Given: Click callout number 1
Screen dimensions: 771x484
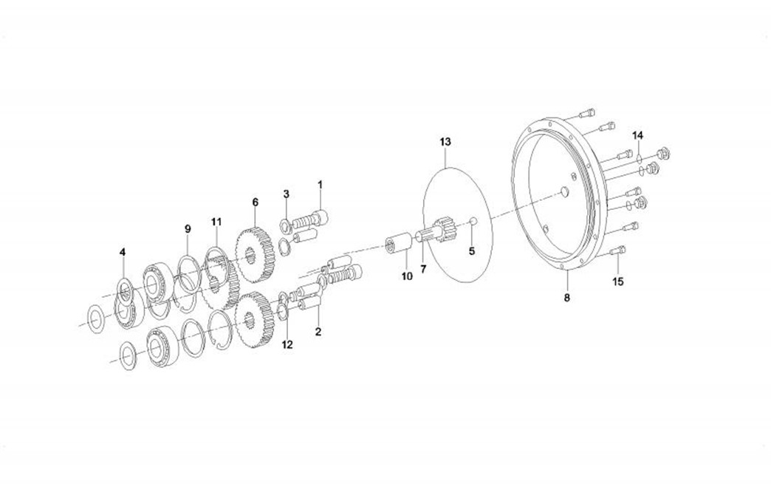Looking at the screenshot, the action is tap(320, 185).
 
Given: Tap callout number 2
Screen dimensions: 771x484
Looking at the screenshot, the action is tap(318, 332).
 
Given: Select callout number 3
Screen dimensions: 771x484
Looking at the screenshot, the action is tap(287, 194).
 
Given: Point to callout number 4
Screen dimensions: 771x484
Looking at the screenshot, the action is tap(123, 252).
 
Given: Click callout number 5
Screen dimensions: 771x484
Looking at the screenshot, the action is tap(472, 251).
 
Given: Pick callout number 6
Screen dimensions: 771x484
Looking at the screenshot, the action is tap(256, 202).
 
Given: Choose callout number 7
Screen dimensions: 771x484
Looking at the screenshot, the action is tap(423, 269).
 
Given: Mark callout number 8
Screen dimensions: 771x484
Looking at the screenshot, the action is tap(567, 298).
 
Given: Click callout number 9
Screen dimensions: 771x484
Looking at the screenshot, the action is tap(188, 229).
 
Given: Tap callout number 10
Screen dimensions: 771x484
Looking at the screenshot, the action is tap(407, 276).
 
